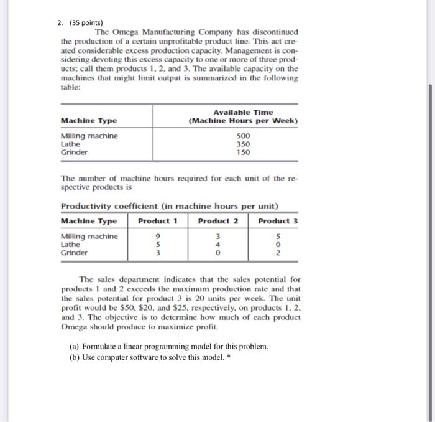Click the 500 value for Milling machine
(x=244, y=136)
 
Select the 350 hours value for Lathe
(x=244, y=144)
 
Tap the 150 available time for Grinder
(x=244, y=152)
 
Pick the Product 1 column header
(x=158, y=222)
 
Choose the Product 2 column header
(x=217, y=222)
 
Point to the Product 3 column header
(x=278, y=222)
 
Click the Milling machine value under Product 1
(x=158, y=237)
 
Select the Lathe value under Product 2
(x=217, y=245)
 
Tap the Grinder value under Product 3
(x=278, y=253)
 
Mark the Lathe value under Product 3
(x=278, y=245)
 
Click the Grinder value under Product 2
(x=217, y=253)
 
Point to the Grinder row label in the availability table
(x=74, y=152)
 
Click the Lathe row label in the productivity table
(x=70, y=245)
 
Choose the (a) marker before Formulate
(x=75, y=345)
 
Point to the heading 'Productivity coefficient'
(x=107, y=206)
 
